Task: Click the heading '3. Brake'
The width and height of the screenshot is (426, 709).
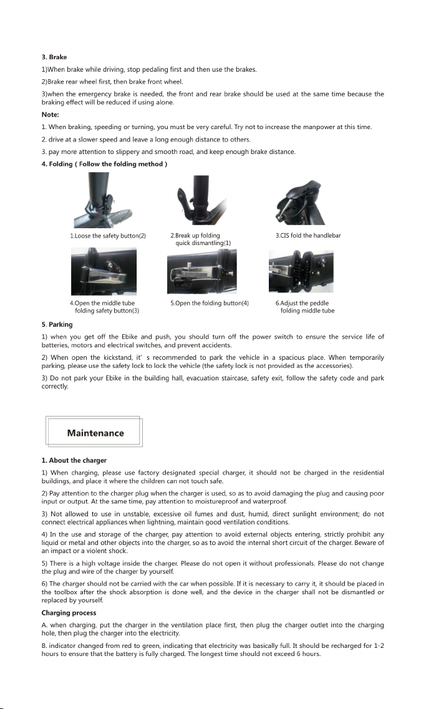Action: tap(54, 57)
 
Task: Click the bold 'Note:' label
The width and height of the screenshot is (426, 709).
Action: tap(50, 114)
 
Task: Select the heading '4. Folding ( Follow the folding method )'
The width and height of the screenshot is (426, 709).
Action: tap(104, 163)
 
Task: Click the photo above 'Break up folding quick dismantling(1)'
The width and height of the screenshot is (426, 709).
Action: tap(201, 200)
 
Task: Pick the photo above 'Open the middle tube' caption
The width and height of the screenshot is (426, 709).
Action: tap(104, 272)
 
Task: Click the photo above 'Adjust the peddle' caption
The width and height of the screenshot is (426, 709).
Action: tap(301, 271)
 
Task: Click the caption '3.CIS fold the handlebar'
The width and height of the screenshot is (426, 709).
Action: tap(308, 236)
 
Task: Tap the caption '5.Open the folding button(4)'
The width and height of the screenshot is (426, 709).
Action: tap(210, 303)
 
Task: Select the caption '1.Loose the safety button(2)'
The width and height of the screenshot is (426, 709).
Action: tap(108, 236)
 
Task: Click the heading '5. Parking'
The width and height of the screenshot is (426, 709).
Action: tap(57, 324)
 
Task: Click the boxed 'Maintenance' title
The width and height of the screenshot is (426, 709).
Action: tap(95, 433)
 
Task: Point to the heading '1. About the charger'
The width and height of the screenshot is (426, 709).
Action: tap(74, 460)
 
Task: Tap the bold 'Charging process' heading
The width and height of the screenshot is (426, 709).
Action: tap(69, 613)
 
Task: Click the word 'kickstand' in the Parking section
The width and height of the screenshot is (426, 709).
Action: tap(109, 357)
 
